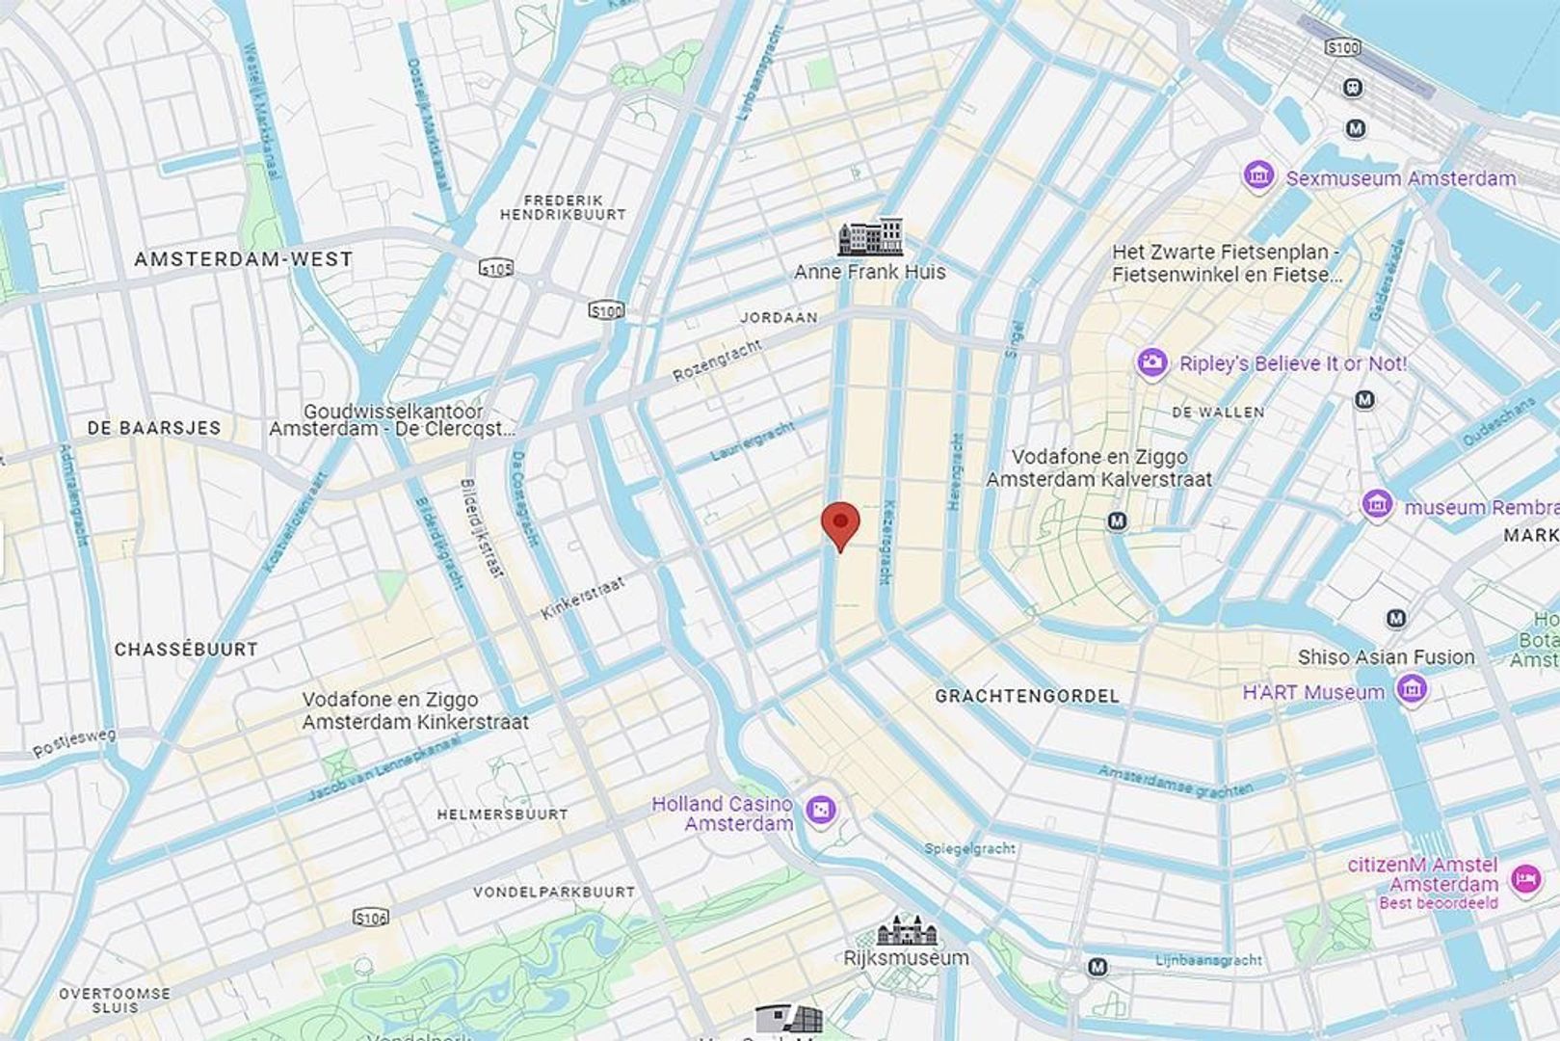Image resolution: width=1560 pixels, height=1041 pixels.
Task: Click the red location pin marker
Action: tap(840, 523)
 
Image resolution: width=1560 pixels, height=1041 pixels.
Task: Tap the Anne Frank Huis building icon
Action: tap(871, 237)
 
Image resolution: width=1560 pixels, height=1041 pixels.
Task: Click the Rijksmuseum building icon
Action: tap(906, 931)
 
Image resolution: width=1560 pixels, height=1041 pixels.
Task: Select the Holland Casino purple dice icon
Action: tap(821, 812)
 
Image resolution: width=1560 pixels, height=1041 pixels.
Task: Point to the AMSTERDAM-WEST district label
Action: tap(243, 259)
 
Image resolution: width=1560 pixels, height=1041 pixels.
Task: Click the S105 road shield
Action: tap(496, 269)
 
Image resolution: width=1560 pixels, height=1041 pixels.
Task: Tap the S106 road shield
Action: tap(371, 918)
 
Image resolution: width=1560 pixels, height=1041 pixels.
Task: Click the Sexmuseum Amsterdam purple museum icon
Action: tap(1257, 176)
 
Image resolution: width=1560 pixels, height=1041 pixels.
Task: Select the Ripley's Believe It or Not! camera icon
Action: tap(1151, 363)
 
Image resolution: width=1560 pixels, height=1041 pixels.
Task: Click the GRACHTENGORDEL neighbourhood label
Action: tap(1027, 696)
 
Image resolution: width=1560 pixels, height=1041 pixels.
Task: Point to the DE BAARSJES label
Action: tap(154, 428)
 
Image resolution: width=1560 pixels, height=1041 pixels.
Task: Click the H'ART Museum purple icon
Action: tap(1412, 689)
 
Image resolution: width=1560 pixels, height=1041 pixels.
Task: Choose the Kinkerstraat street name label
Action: tap(583, 598)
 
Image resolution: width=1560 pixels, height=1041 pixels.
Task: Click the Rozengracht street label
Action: tap(717, 360)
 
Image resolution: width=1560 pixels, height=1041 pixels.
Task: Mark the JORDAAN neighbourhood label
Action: tap(779, 317)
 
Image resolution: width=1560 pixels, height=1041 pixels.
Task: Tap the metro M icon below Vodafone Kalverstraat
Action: tap(1117, 521)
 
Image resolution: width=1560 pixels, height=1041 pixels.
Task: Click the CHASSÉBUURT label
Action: tap(186, 650)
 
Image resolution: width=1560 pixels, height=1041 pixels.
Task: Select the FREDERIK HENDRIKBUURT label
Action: tap(563, 207)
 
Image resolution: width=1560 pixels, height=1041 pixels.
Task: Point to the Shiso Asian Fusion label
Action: tap(1386, 657)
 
